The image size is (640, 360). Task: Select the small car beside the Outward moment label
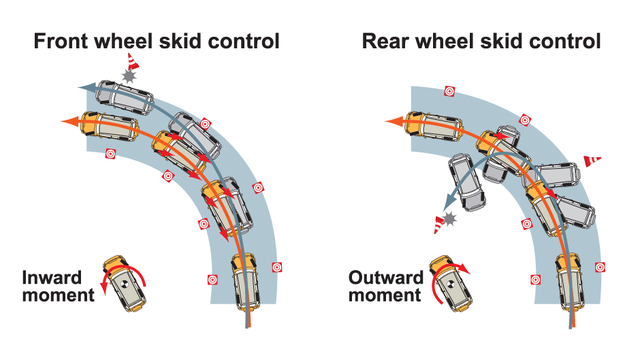pyautogui.click(x=445, y=281)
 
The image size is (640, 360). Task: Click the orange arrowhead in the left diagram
pyautogui.click(x=68, y=121)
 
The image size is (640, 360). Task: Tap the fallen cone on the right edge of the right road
pyautogui.click(x=592, y=160)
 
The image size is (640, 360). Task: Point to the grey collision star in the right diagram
pyautogui.click(x=450, y=218)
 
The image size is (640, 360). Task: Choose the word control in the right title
pyautogui.click(x=561, y=41)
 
